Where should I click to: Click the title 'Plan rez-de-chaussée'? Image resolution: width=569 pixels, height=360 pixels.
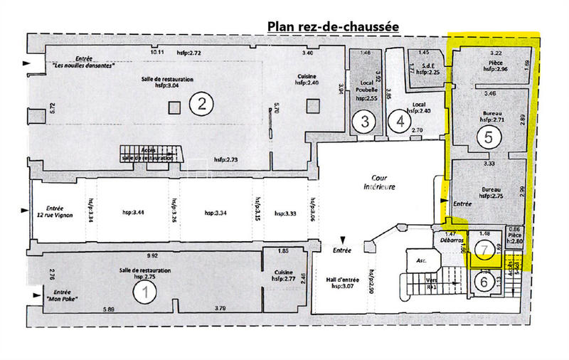pyautogui.click(x=333, y=26)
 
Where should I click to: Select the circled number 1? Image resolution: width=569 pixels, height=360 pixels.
pyautogui.click(x=146, y=290)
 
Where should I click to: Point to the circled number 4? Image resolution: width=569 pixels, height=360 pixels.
pyautogui.click(x=402, y=121)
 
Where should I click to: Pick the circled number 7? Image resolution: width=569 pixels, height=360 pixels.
pyautogui.click(x=485, y=250)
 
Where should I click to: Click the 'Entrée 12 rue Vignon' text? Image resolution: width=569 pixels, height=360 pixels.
pyautogui.click(x=54, y=211)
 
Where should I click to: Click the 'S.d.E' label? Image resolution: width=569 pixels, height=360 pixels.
pyautogui.click(x=429, y=66)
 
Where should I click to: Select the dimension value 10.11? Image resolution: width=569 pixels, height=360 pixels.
pyautogui.click(x=157, y=53)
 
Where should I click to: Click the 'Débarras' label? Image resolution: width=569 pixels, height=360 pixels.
pyautogui.click(x=450, y=240)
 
